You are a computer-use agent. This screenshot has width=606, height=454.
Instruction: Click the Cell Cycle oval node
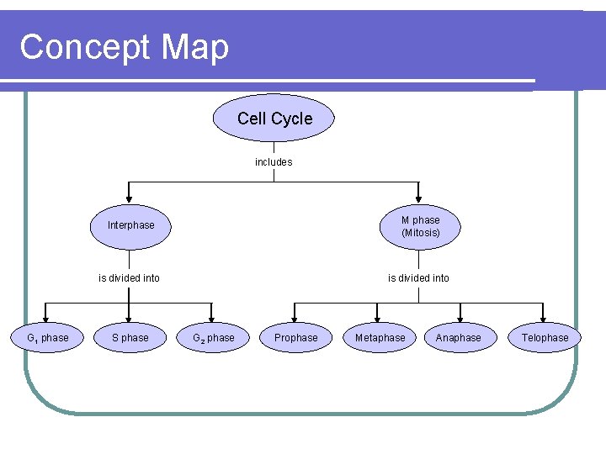tap(274, 119)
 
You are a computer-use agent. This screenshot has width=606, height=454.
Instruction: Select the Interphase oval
tap(130, 225)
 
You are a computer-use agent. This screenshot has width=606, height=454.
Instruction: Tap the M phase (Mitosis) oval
tap(420, 226)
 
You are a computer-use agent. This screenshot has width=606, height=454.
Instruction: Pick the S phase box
tap(130, 338)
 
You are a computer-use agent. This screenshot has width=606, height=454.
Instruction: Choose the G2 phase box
tap(214, 338)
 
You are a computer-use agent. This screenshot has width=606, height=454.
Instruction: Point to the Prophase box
tap(296, 338)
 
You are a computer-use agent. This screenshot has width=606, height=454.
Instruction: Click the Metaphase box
tap(380, 338)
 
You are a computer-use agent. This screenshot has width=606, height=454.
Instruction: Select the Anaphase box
tap(459, 338)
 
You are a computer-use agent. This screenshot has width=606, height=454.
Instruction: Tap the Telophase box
tap(545, 338)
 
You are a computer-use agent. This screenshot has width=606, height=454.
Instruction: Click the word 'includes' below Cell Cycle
tap(274, 162)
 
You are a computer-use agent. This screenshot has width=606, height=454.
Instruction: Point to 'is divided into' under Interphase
tap(129, 278)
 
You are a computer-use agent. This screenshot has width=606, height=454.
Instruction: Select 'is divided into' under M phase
tap(418, 278)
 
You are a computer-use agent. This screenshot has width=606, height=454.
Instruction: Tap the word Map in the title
tap(196, 47)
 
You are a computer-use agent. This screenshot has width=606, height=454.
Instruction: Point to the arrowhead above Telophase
tap(544, 317)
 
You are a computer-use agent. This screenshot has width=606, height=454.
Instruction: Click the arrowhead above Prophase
tap(295, 317)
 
